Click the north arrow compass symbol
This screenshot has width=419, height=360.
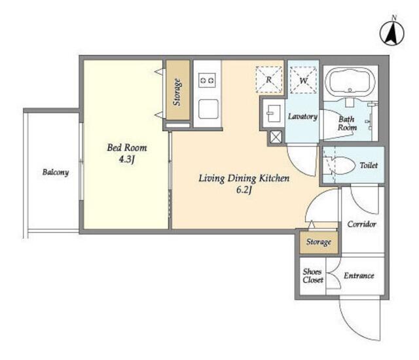point(392,33)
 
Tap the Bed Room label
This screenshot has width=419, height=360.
point(127,148)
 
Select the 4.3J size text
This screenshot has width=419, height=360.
point(126,160)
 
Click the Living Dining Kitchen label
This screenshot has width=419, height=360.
point(244,179)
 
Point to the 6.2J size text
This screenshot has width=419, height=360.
point(244,190)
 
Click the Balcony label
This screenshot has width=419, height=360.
point(56,172)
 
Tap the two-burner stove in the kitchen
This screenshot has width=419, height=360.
point(208,80)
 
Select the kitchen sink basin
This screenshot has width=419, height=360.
point(208,109)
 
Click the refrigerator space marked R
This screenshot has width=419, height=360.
point(269,80)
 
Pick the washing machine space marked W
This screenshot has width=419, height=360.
point(303,80)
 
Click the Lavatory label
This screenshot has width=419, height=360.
point(302,117)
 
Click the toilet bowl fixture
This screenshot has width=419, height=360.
point(341,166)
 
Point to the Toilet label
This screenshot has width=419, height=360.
point(369,166)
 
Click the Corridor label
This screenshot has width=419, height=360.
point(362,224)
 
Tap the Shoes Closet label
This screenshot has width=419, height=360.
point(313,276)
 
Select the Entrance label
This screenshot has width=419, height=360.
point(359,276)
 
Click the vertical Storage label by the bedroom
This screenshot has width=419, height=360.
point(177,92)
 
